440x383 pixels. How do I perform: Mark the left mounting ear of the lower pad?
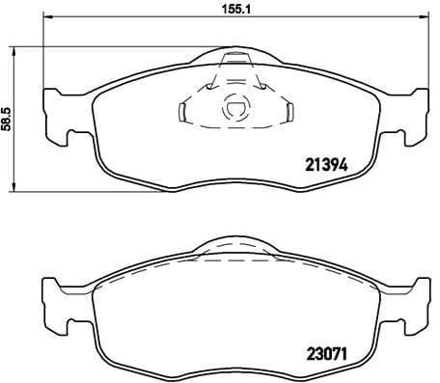tap(56, 298)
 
